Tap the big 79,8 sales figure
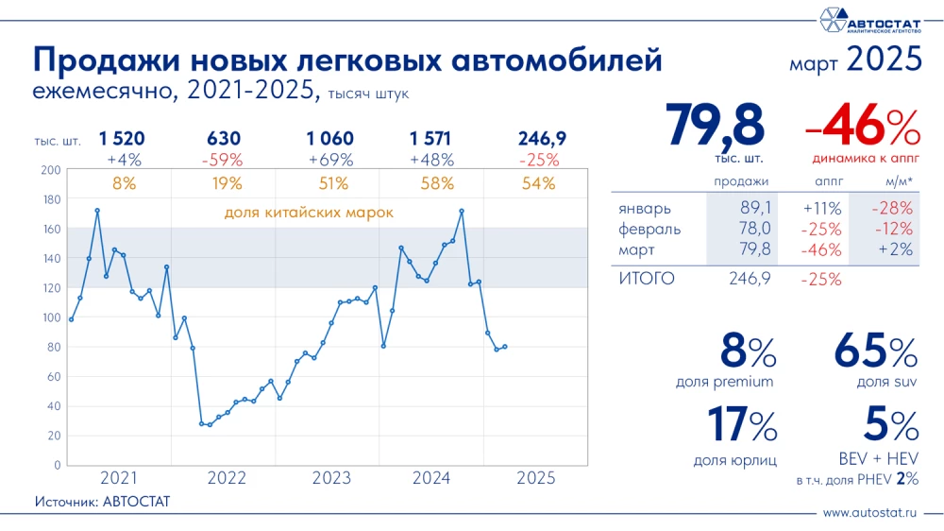pos(716,124)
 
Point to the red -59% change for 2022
pos(223,160)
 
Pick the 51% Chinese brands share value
pos(327,183)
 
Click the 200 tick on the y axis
pos(51,170)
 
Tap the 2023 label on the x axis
pos(327,478)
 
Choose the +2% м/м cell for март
pos(893,249)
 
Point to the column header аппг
pos(827,180)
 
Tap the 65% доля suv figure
pos(875,353)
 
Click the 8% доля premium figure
pos(748,353)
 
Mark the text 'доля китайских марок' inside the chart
pos(309,213)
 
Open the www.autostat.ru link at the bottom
pos(870,513)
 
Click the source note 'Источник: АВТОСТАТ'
pos(102,501)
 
